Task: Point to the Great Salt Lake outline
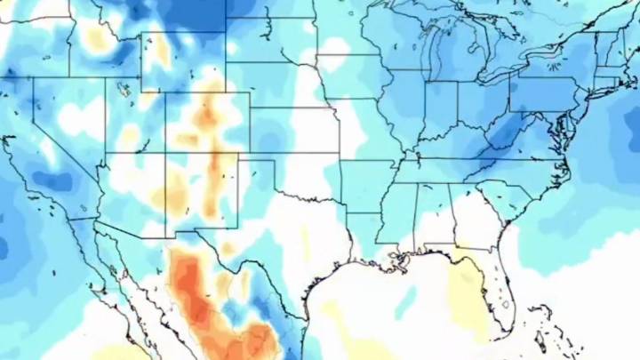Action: pos(124,89)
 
